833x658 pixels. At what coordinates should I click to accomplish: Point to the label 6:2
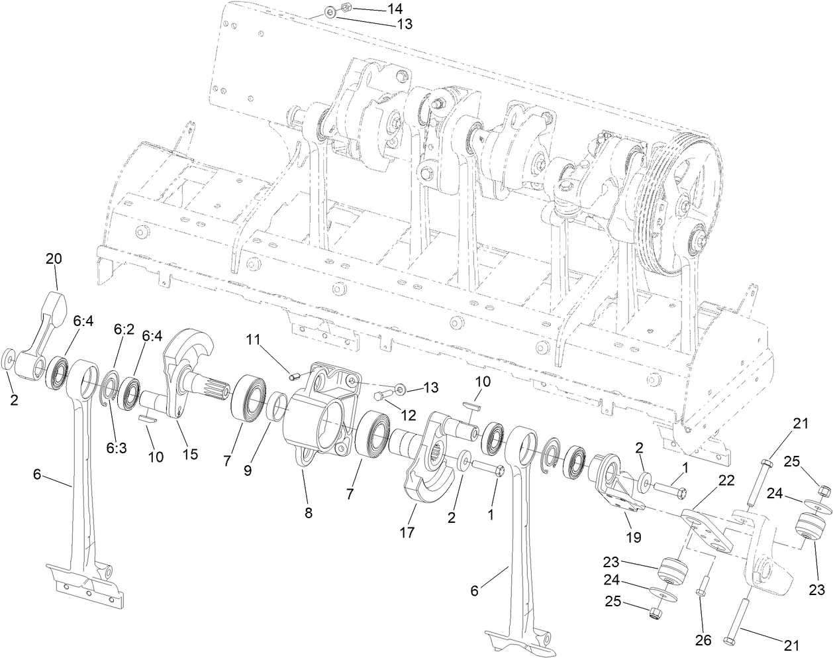[124, 329]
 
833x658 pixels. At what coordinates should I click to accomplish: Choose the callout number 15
[191, 454]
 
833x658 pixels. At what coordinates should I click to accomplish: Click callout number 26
[703, 640]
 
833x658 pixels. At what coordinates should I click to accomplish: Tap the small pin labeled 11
[296, 376]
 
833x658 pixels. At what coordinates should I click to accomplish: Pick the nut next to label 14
[345, 9]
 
